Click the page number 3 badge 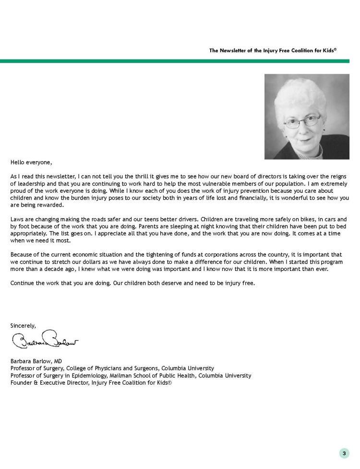[344, 453]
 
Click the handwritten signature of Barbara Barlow [45, 341]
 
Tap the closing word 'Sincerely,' [24, 326]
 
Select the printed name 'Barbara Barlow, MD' [36, 361]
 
